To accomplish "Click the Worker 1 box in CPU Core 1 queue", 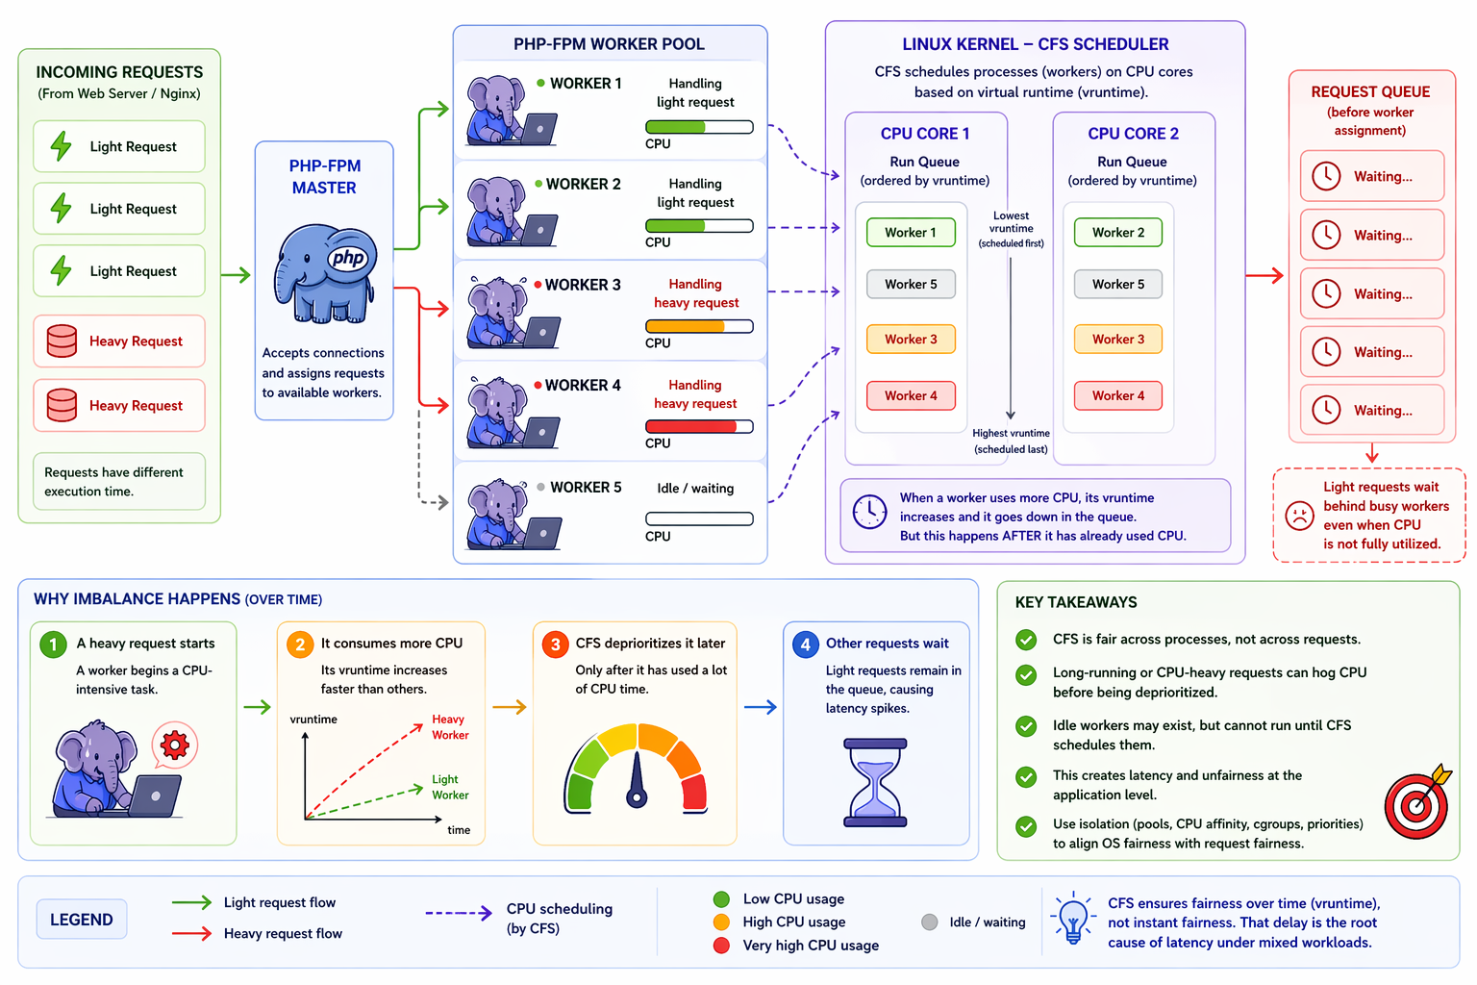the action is click(x=911, y=232).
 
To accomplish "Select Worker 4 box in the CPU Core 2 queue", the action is click(x=1118, y=396).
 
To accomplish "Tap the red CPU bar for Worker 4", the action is click(x=699, y=427).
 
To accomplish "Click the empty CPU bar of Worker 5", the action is click(x=699, y=519).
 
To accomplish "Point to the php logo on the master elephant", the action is click(x=349, y=257).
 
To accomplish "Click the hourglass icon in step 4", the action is click(x=875, y=782).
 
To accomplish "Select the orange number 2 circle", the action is click(x=300, y=644).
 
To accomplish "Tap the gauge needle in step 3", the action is click(x=637, y=778).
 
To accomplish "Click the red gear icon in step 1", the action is click(x=175, y=745).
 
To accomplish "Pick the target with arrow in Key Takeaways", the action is click(x=1417, y=801).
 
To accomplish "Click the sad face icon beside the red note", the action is click(x=1300, y=516).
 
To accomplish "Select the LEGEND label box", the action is click(x=82, y=919).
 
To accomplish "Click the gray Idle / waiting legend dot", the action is click(x=930, y=922).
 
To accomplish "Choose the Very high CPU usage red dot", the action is click(x=721, y=946).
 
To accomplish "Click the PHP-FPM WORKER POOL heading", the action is click(x=609, y=44).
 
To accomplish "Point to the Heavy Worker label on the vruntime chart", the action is click(x=450, y=727).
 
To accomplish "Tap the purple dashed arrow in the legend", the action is click(x=459, y=913).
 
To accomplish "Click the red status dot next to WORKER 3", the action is click(x=538, y=285).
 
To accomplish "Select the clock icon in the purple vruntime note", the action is click(x=869, y=512).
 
